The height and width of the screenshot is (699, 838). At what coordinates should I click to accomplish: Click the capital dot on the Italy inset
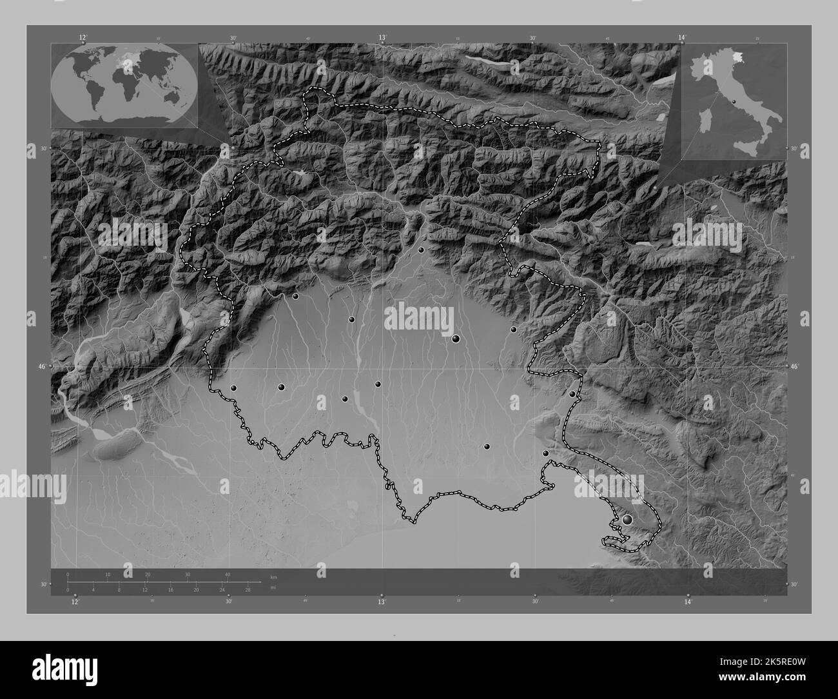(734, 101)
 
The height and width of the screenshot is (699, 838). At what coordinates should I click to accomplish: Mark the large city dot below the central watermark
(456, 339)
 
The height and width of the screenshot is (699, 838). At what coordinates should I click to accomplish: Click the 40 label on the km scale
(228, 575)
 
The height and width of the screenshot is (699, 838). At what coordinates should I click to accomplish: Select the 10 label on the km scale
(108, 575)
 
